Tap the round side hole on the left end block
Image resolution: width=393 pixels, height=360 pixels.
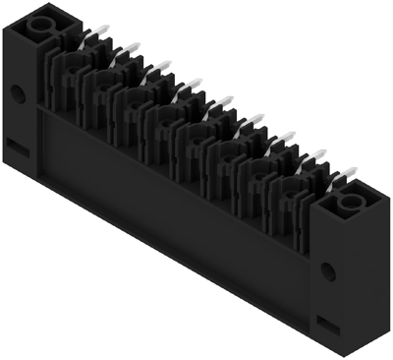tap(18, 94)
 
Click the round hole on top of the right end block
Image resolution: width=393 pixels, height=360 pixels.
tap(348, 203)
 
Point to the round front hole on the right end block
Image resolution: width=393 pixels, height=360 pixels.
tap(326, 270)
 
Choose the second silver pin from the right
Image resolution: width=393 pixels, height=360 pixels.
tap(312, 156)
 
